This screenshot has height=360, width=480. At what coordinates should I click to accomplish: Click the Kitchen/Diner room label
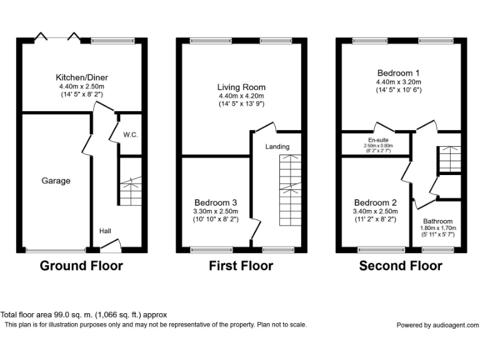(80, 77)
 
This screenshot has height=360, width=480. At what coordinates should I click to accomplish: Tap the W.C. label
(130, 134)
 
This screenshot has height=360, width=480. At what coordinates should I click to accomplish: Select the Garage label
(56, 181)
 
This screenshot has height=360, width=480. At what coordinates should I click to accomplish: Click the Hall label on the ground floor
(105, 231)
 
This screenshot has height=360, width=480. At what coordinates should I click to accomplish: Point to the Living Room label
(241, 87)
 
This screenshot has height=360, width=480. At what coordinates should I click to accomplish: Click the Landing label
(277, 147)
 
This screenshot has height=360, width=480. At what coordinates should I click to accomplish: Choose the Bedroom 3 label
(215, 202)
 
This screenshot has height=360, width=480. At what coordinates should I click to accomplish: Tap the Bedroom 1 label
(399, 72)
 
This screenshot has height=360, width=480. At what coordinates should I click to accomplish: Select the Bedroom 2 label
(376, 202)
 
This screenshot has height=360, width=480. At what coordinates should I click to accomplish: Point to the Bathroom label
(437, 221)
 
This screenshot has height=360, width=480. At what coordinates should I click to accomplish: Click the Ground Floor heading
(81, 266)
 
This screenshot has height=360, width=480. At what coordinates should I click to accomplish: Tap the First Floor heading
(241, 266)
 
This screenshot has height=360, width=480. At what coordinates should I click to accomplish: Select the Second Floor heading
(400, 266)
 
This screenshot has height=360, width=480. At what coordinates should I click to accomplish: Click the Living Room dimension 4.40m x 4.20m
(241, 96)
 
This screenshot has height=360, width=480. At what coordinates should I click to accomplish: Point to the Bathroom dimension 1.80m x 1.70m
(437, 229)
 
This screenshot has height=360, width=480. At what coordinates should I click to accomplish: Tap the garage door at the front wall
(56, 250)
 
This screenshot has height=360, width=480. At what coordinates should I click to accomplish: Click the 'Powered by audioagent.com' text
(437, 325)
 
